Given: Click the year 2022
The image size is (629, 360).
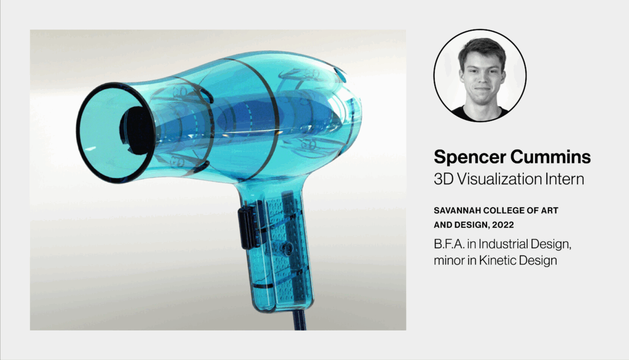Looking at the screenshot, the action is (503, 225).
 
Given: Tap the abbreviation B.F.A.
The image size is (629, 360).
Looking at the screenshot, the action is (448, 244).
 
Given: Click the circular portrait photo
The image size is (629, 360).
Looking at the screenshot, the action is (480, 76).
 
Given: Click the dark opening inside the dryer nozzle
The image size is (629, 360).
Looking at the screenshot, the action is (137, 131).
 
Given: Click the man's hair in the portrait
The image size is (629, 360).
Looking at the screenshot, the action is (482, 48).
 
